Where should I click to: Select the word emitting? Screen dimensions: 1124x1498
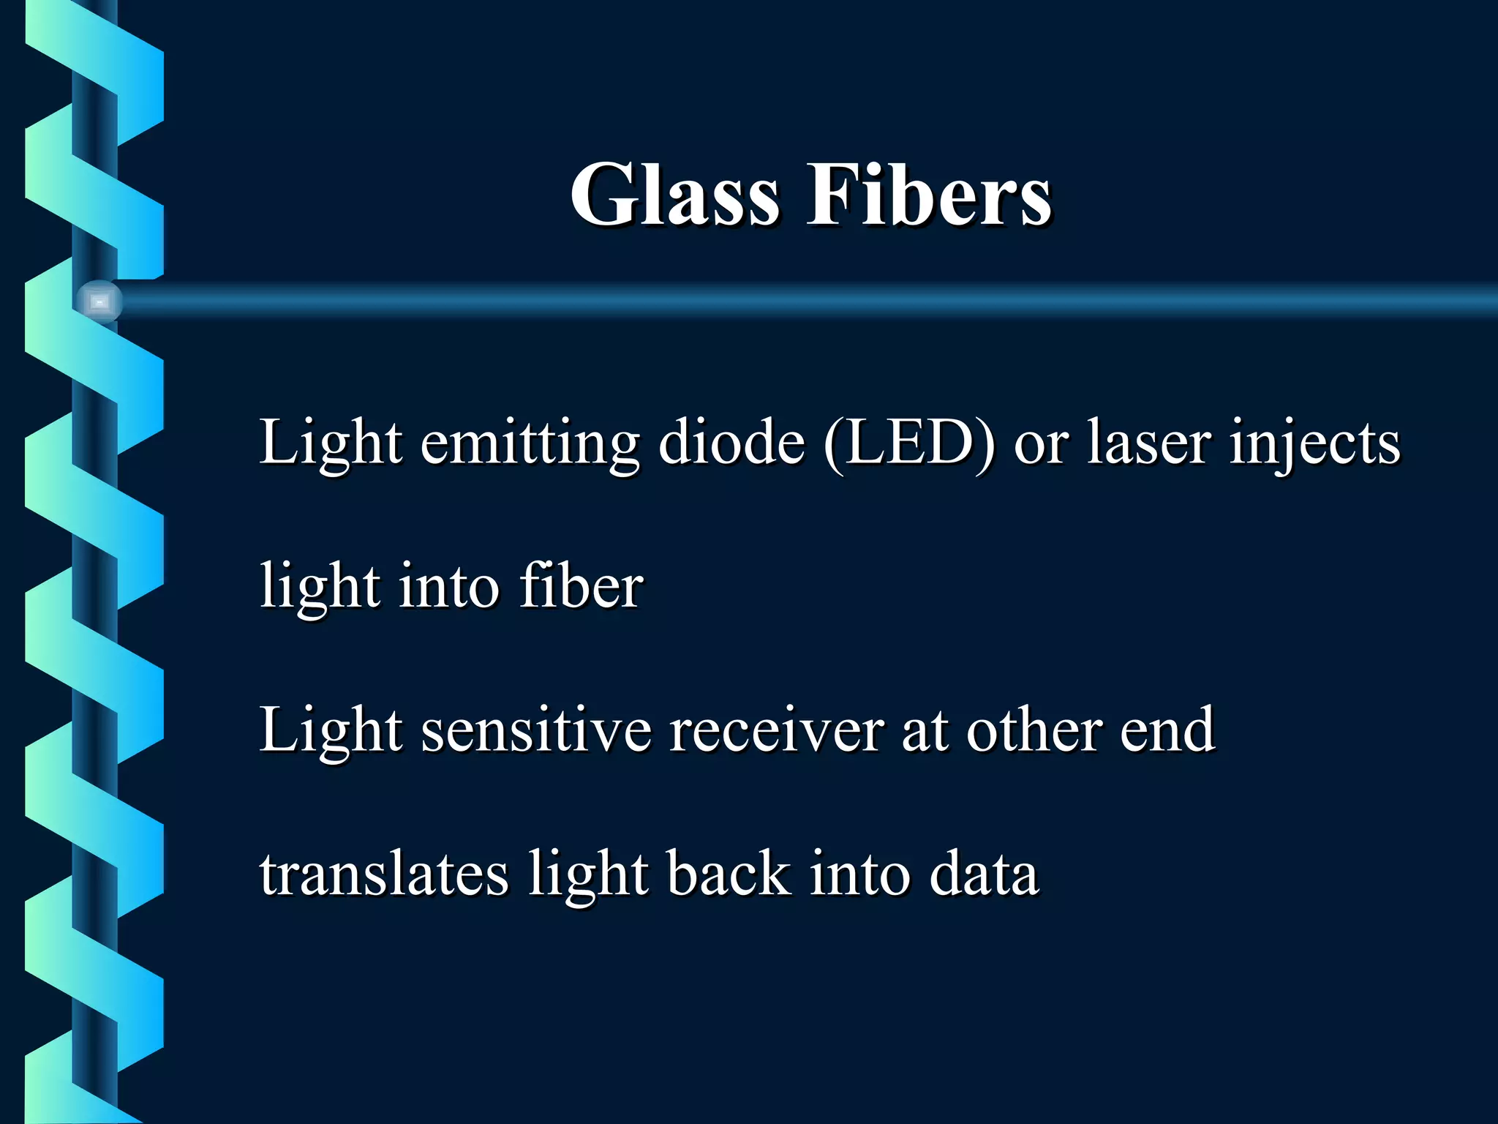tap(530, 443)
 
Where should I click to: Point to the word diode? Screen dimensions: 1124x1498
tap(731, 443)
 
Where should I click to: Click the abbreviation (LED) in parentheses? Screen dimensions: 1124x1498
tap(909, 443)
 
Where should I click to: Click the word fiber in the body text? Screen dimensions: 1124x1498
tap(581, 586)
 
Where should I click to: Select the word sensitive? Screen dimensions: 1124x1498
tap(536, 730)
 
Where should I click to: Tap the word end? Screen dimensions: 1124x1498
tap(1167, 730)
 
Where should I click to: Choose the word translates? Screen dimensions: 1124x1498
tap(384, 874)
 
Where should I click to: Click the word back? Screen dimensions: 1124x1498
tap(729, 874)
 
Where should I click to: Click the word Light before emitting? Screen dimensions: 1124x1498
tap(331, 443)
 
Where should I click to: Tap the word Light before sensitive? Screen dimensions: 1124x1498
tap(331, 730)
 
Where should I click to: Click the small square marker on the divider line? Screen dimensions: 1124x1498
tap(99, 301)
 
